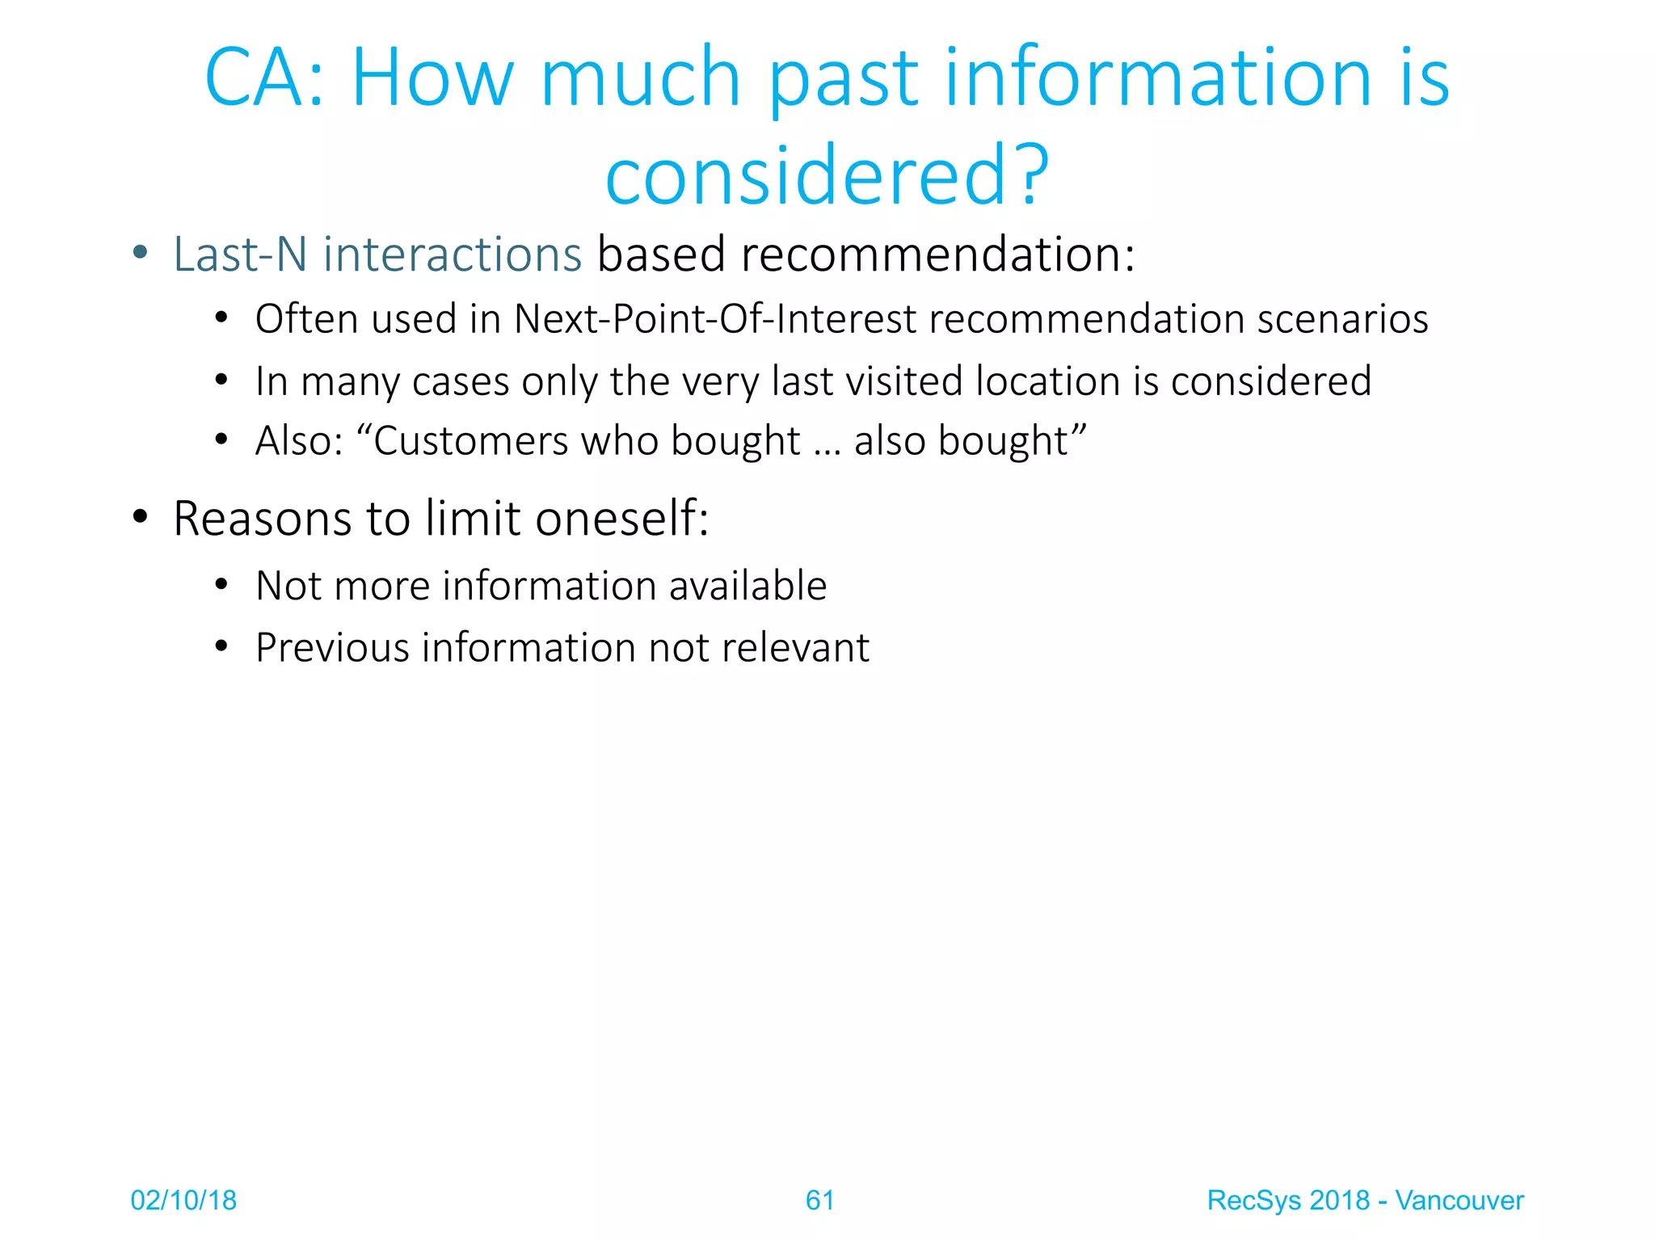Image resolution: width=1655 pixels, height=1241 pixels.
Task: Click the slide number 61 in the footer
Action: click(819, 1201)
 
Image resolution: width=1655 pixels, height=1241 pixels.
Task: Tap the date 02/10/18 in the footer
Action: click(183, 1201)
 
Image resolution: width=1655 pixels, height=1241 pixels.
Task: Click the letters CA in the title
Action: click(257, 78)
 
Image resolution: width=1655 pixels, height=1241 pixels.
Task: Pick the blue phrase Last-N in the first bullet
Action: click(240, 255)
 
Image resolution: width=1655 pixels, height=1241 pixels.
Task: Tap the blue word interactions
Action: click(453, 255)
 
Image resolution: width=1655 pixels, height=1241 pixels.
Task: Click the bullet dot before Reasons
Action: click(141, 517)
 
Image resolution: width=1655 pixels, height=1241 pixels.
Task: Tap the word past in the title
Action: click(843, 78)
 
